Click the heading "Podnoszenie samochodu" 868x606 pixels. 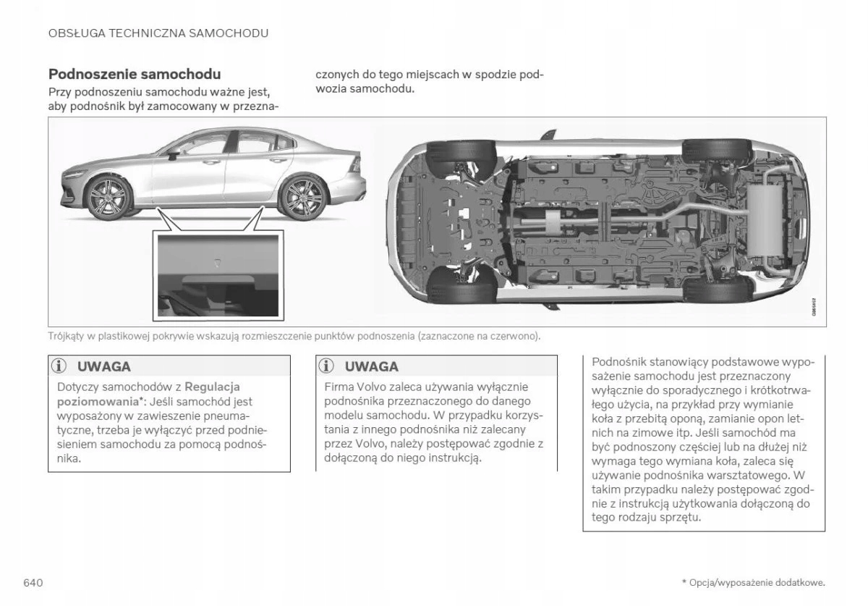135,74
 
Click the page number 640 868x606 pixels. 34,583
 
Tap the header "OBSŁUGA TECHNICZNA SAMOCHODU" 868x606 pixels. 158,33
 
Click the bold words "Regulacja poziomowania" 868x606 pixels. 148,394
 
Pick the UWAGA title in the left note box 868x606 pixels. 104,366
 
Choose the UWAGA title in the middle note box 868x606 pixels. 372,366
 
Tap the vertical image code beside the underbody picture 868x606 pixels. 813,307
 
